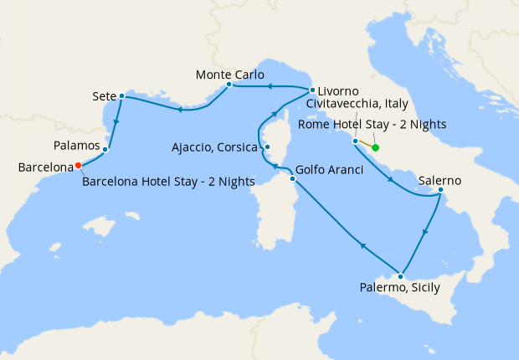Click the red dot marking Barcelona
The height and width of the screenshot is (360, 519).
point(78,165)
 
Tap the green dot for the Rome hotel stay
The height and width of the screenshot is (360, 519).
point(375,148)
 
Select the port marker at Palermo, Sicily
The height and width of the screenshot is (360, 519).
point(401,276)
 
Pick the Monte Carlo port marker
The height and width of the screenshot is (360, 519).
point(229,85)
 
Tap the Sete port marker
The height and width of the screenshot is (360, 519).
point(122,95)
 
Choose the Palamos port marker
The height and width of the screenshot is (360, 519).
point(105,149)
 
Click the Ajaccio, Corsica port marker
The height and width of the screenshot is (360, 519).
point(267,147)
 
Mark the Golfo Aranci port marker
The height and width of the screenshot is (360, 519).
point(292,179)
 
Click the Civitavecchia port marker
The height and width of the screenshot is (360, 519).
point(356,141)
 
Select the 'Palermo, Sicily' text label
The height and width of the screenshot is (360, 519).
point(404,291)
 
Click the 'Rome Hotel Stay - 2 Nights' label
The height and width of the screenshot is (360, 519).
point(372,125)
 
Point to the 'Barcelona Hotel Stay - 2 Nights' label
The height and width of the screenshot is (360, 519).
point(168,181)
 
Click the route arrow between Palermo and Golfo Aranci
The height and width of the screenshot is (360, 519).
point(362,244)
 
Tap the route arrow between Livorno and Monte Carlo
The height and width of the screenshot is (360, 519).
point(269,85)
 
